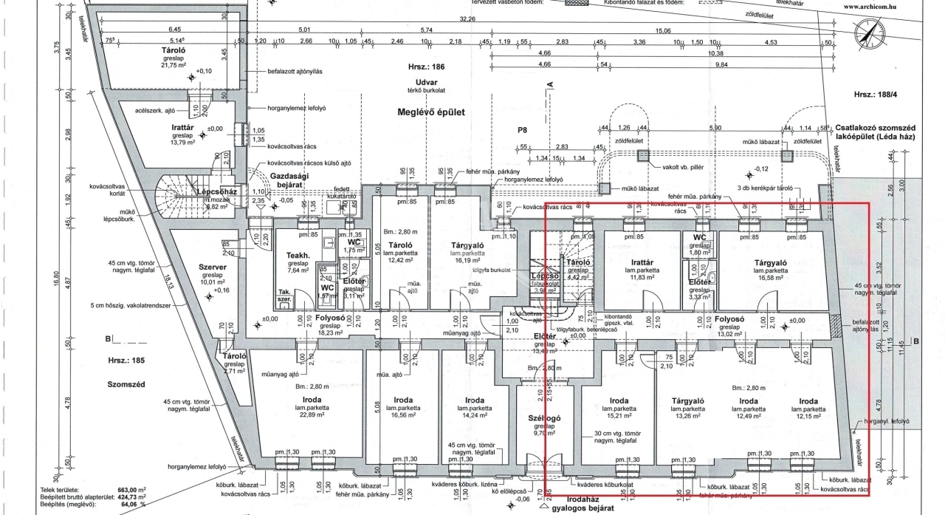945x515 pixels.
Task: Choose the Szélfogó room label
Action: click(540, 417)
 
